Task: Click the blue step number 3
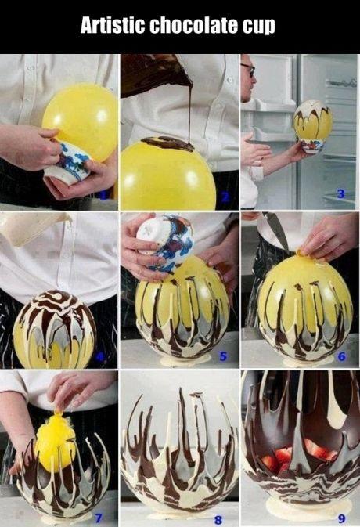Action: click(x=341, y=193)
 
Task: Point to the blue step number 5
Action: click(x=223, y=356)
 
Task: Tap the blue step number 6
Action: click(x=341, y=356)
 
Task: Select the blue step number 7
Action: click(x=98, y=518)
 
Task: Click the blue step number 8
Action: click(x=218, y=520)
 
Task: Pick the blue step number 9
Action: click(x=341, y=518)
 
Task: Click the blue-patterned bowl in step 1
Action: click(x=68, y=164)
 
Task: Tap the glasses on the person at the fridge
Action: click(x=249, y=69)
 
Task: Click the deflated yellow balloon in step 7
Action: click(x=56, y=439)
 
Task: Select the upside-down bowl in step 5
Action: click(x=166, y=242)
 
